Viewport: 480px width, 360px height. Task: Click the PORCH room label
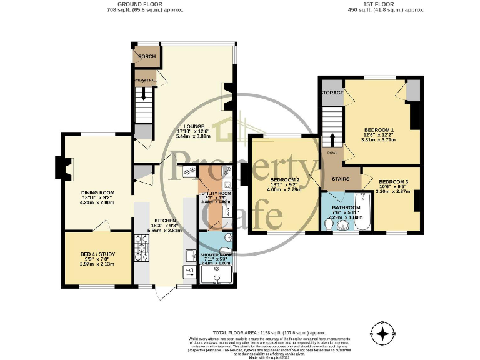click(147, 56)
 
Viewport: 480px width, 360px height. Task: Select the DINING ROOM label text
click(98, 192)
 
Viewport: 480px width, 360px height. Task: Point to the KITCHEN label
click(165, 220)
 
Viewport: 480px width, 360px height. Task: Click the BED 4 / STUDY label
click(98, 254)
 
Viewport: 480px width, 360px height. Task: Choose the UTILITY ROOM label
click(216, 194)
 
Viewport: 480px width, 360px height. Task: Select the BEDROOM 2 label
click(285, 180)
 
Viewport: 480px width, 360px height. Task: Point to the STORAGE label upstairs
click(332, 92)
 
